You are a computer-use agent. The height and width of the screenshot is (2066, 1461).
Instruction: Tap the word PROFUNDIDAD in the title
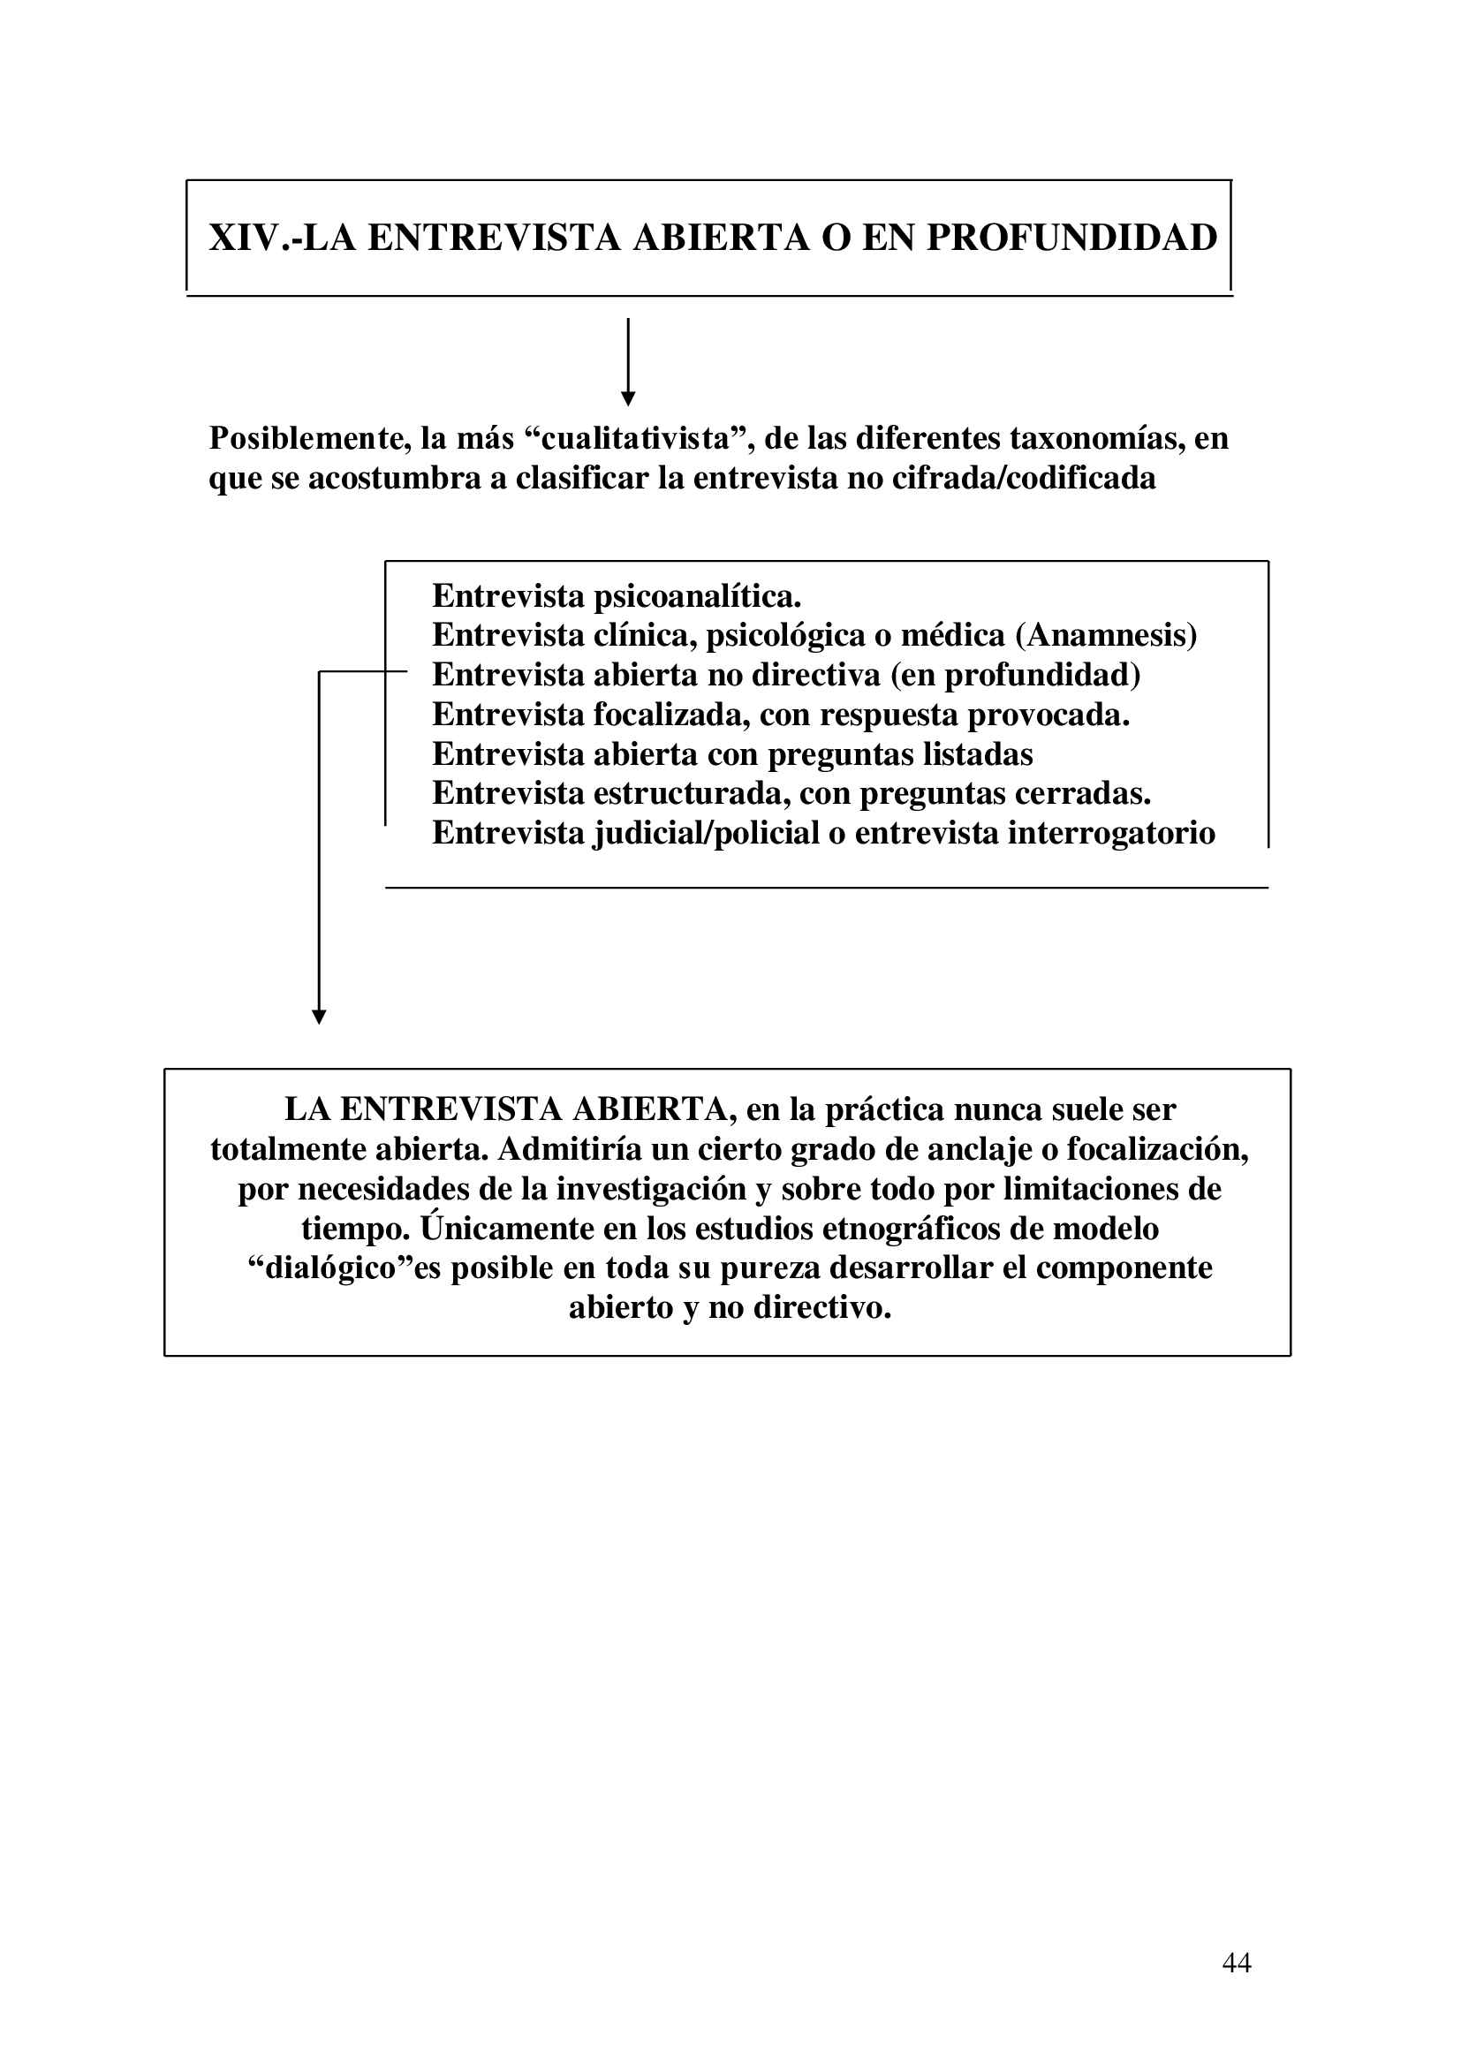click(x=1071, y=238)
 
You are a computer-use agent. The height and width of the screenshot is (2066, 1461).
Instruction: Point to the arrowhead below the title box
click(x=628, y=398)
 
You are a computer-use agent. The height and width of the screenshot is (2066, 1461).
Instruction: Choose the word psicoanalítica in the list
click(x=696, y=595)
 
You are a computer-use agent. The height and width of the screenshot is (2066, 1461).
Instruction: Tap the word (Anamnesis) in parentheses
click(x=1107, y=635)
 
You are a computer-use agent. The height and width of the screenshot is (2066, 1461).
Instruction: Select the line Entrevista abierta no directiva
click(x=786, y=675)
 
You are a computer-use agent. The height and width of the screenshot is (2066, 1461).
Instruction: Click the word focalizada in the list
click(x=670, y=715)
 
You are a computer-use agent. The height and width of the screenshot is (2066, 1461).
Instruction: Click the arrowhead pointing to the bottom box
click(x=319, y=1017)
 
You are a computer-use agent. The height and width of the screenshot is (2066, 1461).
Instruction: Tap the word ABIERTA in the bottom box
click(x=648, y=1109)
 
